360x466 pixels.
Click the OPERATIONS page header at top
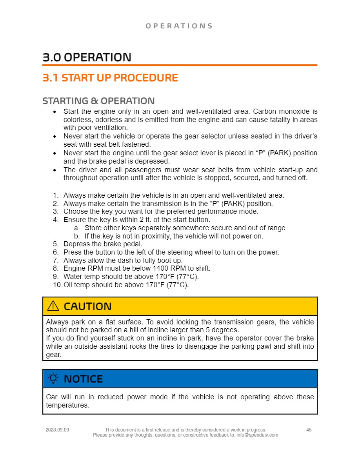click(x=179, y=26)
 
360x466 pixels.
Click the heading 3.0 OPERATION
click(x=87, y=57)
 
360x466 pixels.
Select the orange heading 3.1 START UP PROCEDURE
click(x=110, y=78)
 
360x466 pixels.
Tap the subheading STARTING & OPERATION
click(x=98, y=101)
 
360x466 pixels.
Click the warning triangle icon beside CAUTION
click(x=53, y=306)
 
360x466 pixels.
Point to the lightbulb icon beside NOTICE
click(x=53, y=379)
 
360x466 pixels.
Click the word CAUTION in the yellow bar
click(x=87, y=306)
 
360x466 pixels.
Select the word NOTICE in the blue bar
click(x=83, y=379)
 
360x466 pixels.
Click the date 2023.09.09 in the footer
click(x=57, y=430)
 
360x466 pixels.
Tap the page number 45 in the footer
click(x=309, y=430)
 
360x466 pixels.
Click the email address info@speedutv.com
click(x=257, y=435)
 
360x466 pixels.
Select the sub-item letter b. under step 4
click(x=76, y=236)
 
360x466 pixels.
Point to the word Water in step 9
click(x=72, y=277)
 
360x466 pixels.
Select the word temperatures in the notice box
click(x=67, y=405)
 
